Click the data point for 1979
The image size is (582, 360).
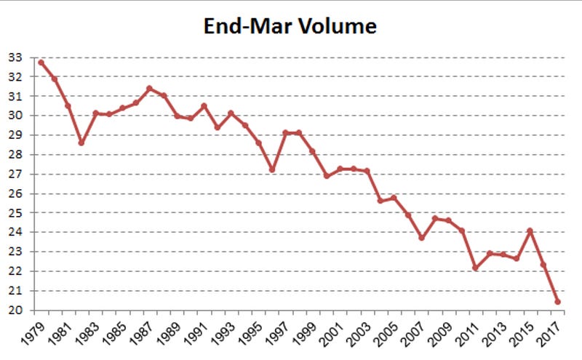(x=41, y=63)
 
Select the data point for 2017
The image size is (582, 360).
(x=557, y=301)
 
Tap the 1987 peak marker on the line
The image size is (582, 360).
(x=149, y=89)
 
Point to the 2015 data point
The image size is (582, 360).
(x=530, y=231)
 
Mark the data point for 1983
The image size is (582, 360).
(x=95, y=113)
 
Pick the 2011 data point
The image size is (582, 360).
(x=476, y=268)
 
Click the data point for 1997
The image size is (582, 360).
(x=285, y=132)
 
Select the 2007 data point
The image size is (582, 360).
(x=421, y=238)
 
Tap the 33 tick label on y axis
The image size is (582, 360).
(x=15, y=57)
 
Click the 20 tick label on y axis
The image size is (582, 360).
(x=15, y=311)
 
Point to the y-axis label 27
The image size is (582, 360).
(x=15, y=174)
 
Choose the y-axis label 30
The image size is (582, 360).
(x=15, y=116)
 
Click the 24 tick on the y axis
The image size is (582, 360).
(x=15, y=233)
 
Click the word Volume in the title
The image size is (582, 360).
(x=340, y=28)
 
